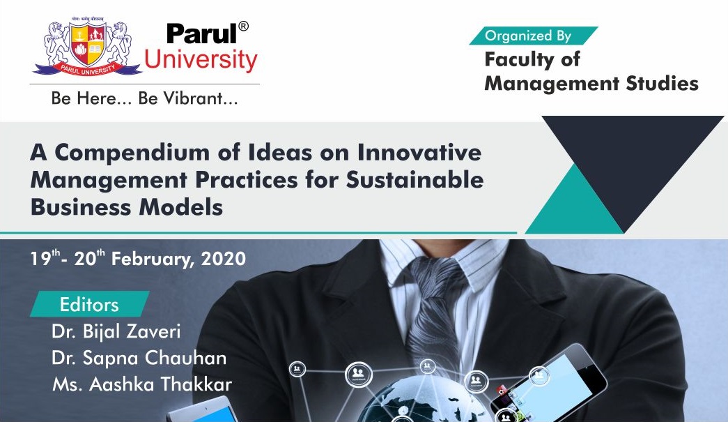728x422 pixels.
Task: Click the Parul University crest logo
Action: (87, 47)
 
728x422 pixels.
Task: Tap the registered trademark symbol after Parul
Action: (243, 26)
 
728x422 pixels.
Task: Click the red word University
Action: (201, 60)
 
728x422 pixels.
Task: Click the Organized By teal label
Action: (534, 36)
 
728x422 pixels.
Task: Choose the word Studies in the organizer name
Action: (662, 83)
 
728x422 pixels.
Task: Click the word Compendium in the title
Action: (132, 153)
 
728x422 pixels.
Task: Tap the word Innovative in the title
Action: (419, 152)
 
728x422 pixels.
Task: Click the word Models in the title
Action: (181, 207)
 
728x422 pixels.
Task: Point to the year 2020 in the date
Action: (224, 258)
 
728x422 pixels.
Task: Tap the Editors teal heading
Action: (90, 304)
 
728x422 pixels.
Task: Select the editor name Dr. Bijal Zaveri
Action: (116, 331)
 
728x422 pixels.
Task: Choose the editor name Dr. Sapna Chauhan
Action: (139, 358)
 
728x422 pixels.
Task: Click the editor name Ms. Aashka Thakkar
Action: (142, 384)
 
